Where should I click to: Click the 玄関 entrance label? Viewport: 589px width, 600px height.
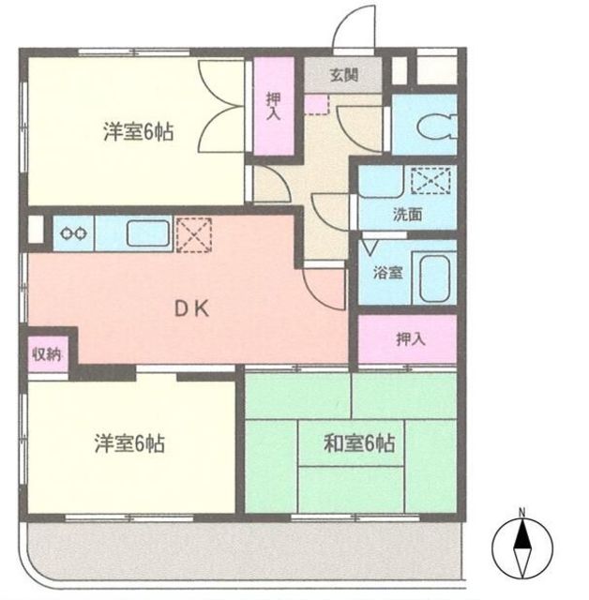[344, 75]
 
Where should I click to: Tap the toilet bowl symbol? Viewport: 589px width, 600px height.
[437, 126]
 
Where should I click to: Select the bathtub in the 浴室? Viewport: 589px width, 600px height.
[434, 278]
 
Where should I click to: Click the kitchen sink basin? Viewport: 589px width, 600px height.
[148, 233]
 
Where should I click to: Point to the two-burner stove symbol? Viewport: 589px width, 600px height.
[73, 233]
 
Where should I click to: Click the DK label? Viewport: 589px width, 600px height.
[191, 308]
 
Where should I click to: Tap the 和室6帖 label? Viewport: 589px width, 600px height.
[359, 443]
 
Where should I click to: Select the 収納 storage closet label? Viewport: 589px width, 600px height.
[47, 354]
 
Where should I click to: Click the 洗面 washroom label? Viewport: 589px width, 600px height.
[407, 215]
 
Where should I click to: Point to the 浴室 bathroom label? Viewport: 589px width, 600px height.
[387, 273]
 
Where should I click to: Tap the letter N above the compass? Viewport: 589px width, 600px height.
[522, 512]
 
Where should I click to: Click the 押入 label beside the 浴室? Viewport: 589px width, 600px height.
[410, 338]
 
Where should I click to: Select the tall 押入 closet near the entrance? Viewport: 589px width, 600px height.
[274, 106]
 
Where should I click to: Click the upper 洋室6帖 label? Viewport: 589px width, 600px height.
[138, 131]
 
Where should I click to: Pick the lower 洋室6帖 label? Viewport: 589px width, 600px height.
[129, 443]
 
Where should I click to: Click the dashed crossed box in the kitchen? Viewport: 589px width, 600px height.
[193, 235]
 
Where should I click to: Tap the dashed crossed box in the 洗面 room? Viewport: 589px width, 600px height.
[430, 180]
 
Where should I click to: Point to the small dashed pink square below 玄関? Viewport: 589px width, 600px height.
[316, 104]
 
